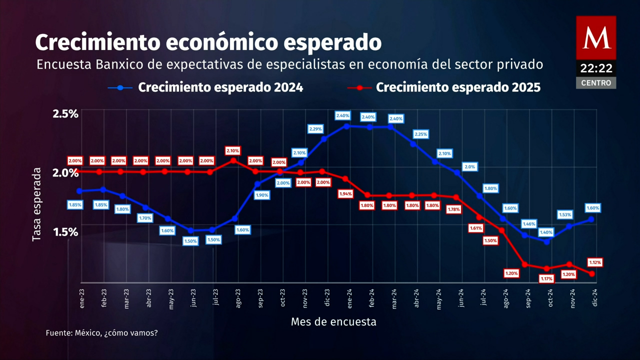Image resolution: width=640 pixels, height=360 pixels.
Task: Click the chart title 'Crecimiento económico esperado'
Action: [208, 42]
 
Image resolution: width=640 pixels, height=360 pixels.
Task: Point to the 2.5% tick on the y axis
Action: [65, 113]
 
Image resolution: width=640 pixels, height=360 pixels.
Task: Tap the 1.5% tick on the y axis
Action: [65, 232]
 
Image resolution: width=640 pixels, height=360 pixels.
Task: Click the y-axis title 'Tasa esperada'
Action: [36, 204]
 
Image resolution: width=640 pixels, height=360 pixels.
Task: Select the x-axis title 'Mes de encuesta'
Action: [333, 322]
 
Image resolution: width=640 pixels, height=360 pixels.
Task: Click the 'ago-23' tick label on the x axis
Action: [238, 298]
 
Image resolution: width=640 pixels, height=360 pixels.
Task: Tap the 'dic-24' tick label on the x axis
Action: [595, 298]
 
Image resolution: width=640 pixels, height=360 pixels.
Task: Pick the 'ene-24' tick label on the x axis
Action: [349, 298]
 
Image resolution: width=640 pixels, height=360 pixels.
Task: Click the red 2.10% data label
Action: [233, 150]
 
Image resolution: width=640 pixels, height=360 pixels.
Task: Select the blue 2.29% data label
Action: [315, 129]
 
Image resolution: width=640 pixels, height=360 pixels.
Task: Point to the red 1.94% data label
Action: [345, 193]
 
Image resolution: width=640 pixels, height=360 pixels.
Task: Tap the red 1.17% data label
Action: [546, 278]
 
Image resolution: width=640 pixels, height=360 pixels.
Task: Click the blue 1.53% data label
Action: [564, 215]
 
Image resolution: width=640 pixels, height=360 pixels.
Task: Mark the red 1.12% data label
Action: [595, 262]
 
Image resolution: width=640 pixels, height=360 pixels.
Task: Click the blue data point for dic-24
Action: [591, 219]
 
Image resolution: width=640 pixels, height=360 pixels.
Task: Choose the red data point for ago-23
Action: [233, 160]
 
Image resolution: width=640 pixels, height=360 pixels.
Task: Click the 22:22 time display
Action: [596, 68]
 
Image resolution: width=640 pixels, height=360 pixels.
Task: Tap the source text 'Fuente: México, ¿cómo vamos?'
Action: [101, 332]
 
